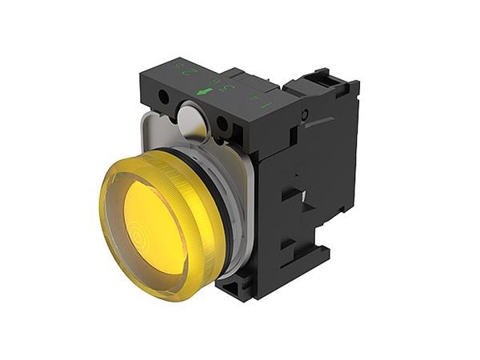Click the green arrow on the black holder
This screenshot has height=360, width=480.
[x=204, y=90]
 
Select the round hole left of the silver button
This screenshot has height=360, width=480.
[x=163, y=98]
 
